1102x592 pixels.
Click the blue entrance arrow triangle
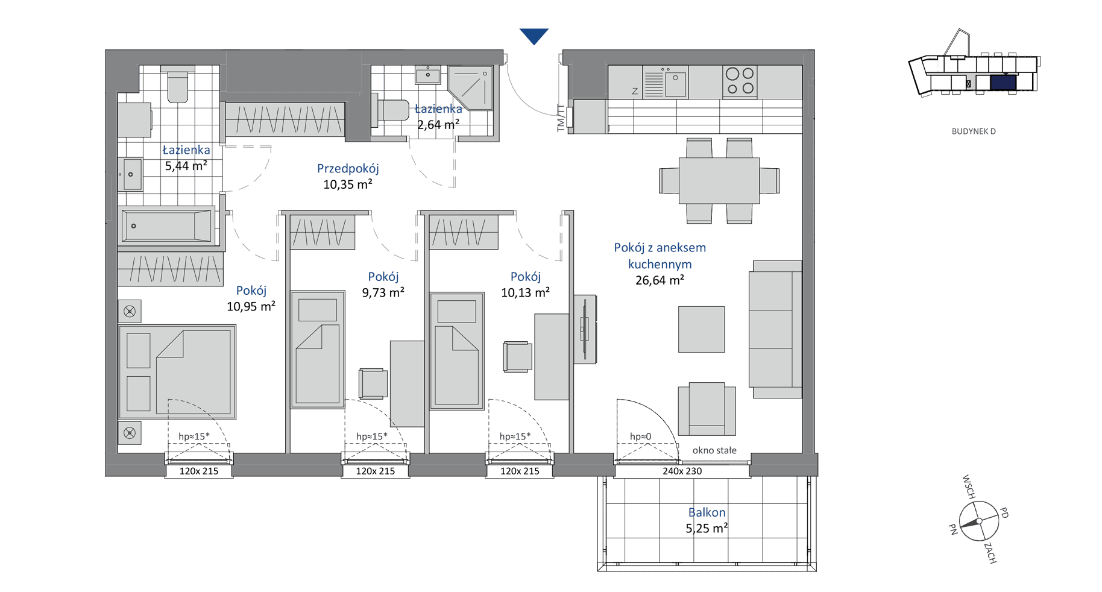(534, 36)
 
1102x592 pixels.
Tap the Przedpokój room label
(348, 169)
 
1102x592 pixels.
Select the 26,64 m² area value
(660, 280)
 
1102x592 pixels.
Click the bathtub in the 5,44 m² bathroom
(167, 226)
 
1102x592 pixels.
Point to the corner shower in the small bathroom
(471, 87)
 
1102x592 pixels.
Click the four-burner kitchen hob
(740, 81)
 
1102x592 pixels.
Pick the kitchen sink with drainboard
(664, 82)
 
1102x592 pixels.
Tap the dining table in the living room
(719, 181)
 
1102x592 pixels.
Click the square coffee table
(701, 329)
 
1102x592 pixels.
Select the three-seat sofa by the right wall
(775, 329)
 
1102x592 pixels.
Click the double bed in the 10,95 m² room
(177, 372)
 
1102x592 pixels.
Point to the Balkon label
(707, 512)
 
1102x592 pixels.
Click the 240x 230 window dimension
(682, 471)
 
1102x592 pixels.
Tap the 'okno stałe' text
(714, 450)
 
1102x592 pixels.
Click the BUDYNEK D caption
(974, 131)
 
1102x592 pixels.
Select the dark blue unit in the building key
(1003, 83)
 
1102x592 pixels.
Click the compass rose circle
(979, 521)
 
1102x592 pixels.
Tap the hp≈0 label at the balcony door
(640, 436)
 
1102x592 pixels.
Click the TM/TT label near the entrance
(561, 118)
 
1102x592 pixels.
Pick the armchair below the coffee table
(707, 409)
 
